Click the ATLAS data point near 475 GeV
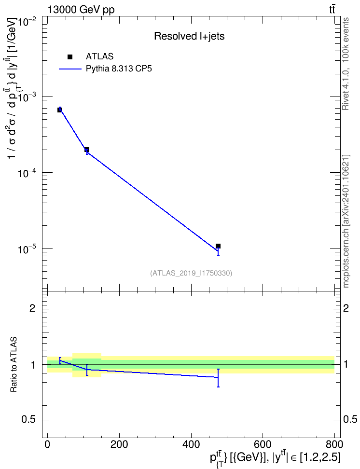[x=218, y=246]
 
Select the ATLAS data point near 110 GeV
[x=87, y=150]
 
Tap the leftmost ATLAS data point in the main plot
[x=60, y=110]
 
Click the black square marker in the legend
[x=69, y=57]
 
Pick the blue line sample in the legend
[x=70, y=69]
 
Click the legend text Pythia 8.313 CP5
[x=119, y=69]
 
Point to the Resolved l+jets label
[x=189, y=36]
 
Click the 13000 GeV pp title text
[x=81, y=10]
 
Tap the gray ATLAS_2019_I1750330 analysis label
[x=191, y=273]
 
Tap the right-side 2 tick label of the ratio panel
[x=346, y=308]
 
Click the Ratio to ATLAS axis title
[x=14, y=365]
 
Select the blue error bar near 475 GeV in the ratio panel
[x=218, y=378]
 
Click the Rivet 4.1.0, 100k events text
[x=346, y=64]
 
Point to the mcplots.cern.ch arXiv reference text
[x=346, y=221]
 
